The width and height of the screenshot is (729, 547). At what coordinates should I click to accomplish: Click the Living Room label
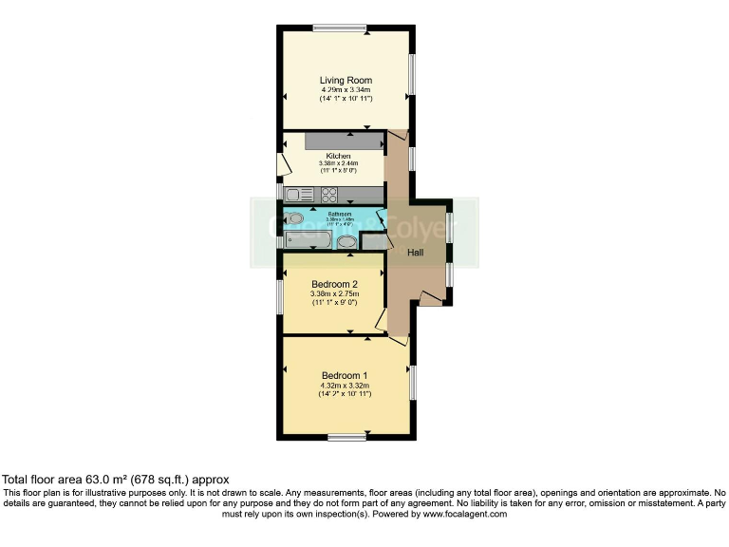click(346, 81)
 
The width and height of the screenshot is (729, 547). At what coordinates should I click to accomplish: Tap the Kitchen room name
click(339, 156)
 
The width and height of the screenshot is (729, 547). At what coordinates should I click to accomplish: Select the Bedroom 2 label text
click(334, 284)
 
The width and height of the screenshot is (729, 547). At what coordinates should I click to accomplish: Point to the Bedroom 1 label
click(345, 374)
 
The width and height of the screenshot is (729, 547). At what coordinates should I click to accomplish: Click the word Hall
click(416, 253)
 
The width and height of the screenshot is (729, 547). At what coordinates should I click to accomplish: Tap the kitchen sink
click(301, 196)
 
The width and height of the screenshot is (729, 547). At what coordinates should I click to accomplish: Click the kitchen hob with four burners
click(330, 196)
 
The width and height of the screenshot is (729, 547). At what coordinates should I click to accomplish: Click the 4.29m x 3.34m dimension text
click(346, 90)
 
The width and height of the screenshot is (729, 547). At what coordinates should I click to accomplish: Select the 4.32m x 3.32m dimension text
click(345, 385)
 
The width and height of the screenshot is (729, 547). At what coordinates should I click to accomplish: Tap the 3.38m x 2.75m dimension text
click(334, 294)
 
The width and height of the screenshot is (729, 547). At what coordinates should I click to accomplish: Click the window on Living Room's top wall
click(341, 28)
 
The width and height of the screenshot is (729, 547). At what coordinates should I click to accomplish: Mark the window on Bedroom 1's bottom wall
click(346, 437)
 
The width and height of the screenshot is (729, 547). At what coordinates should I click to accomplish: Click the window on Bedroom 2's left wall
click(279, 295)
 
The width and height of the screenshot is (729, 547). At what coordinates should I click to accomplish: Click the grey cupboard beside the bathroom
click(374, 241)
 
